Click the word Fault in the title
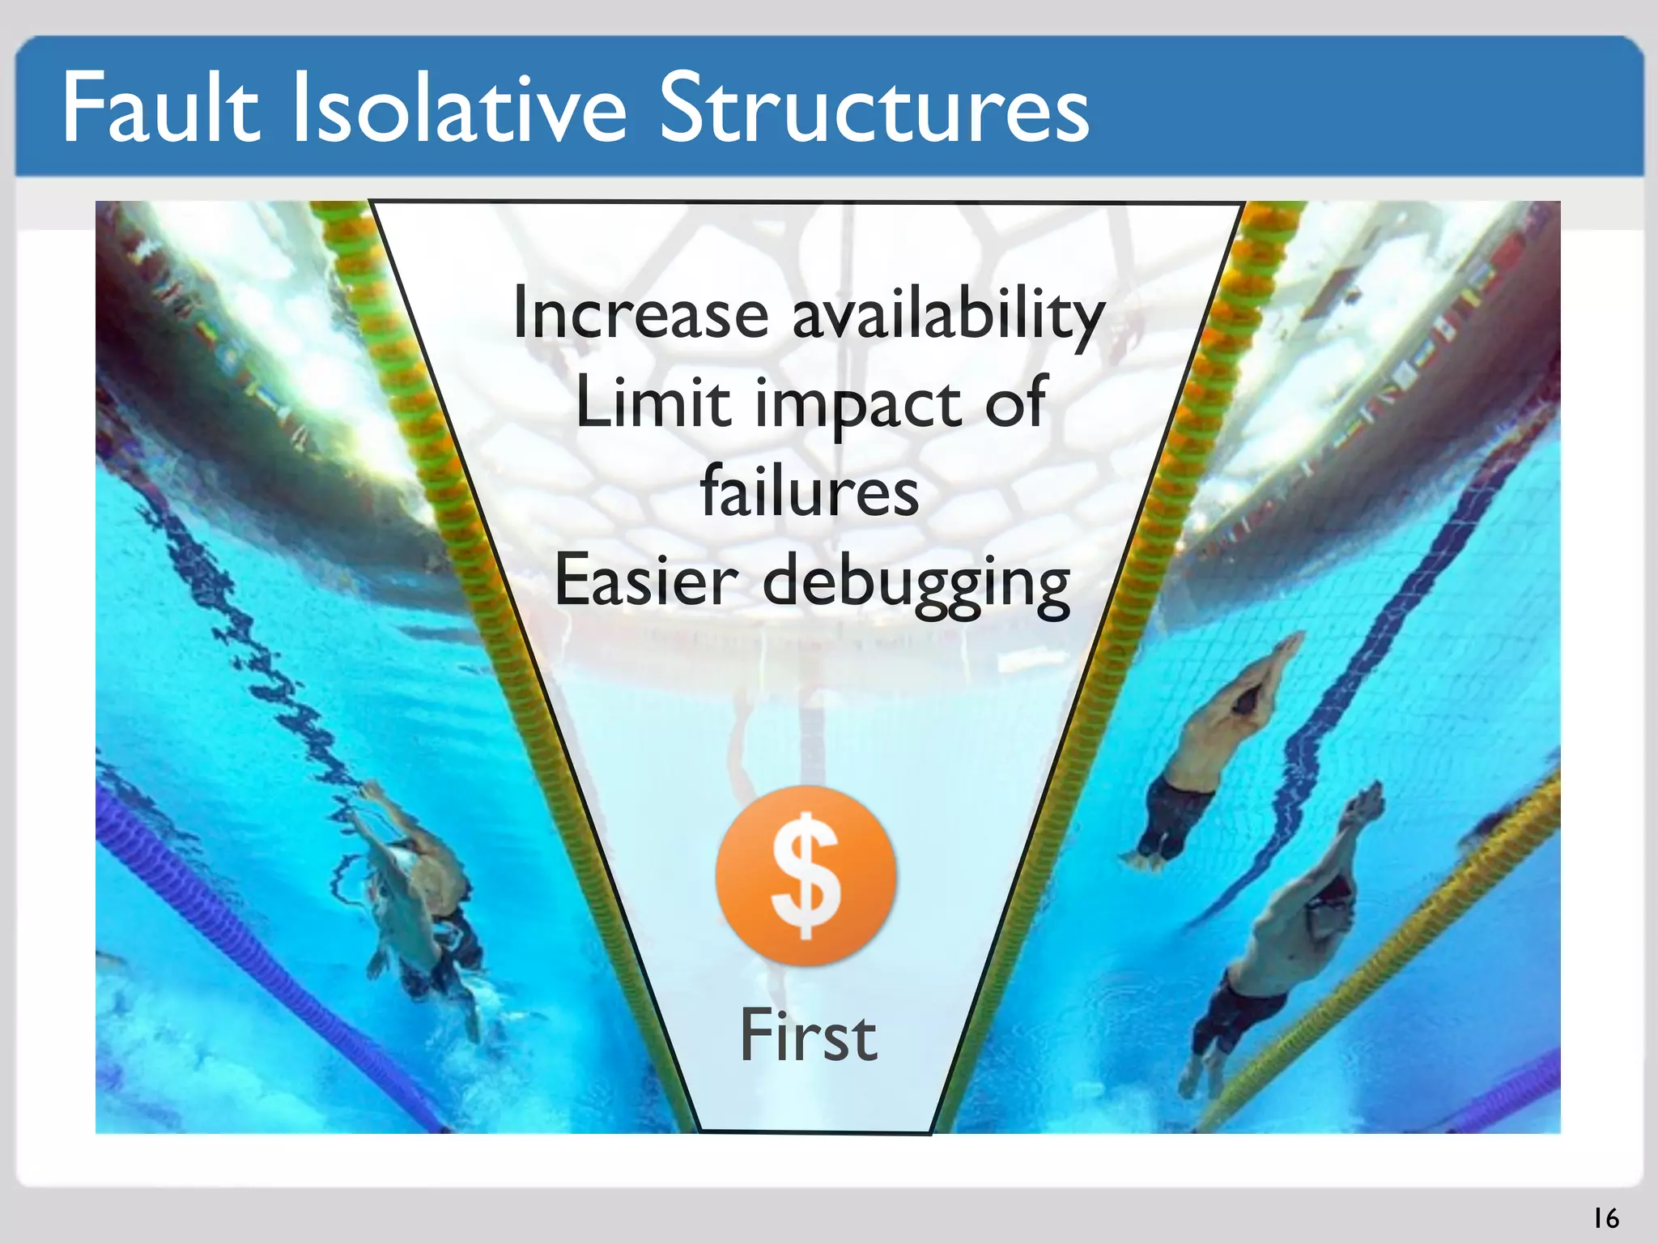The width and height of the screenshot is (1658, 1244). [160, 108]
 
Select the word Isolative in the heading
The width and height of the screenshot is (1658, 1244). [459, 108]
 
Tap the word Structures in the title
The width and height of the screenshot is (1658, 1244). [874, 108]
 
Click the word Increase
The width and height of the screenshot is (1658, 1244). [640, 314]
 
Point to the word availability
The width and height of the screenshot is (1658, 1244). [948, 316]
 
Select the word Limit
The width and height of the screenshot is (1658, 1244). [653, 403]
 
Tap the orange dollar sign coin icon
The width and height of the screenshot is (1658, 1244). [806, 875]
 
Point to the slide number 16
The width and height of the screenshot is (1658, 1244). [1605, 1218]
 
